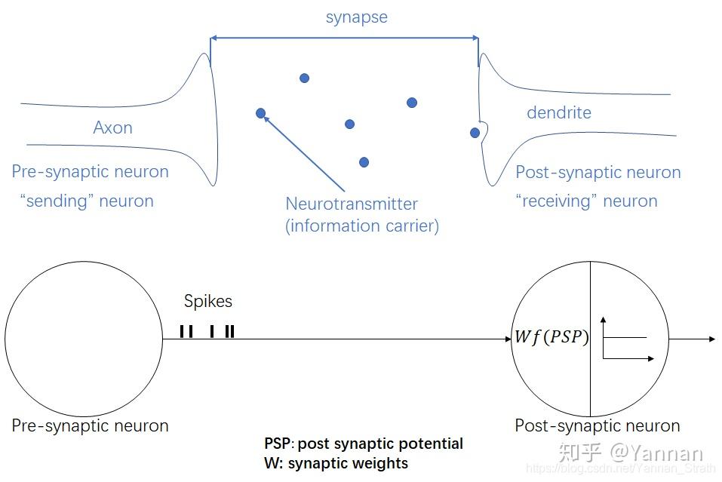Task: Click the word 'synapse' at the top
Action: [356, 17]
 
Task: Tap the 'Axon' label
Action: [112, 127]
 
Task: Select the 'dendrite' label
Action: [558, 113]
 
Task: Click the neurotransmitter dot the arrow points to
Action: [261, 114]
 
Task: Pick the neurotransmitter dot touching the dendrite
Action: [475, 133]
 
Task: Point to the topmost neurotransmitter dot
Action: [304, 78]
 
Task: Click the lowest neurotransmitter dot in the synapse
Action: [364, 162]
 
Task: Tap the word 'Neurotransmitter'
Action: [352, 204]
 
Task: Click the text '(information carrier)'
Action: [362, 226]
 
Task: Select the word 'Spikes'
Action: [208, 302]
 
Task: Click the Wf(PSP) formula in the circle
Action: [551, 337]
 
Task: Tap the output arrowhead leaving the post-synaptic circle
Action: [711, 339]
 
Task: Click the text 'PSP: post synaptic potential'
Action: [364, 444]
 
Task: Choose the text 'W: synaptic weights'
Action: [336, 463]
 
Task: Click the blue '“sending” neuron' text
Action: [87, 201]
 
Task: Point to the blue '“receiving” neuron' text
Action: [586, 201]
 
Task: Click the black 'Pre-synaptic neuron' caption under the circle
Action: [90, 425]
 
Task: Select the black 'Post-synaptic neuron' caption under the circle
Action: [597, 425]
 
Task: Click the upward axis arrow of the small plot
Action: [604, 321]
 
